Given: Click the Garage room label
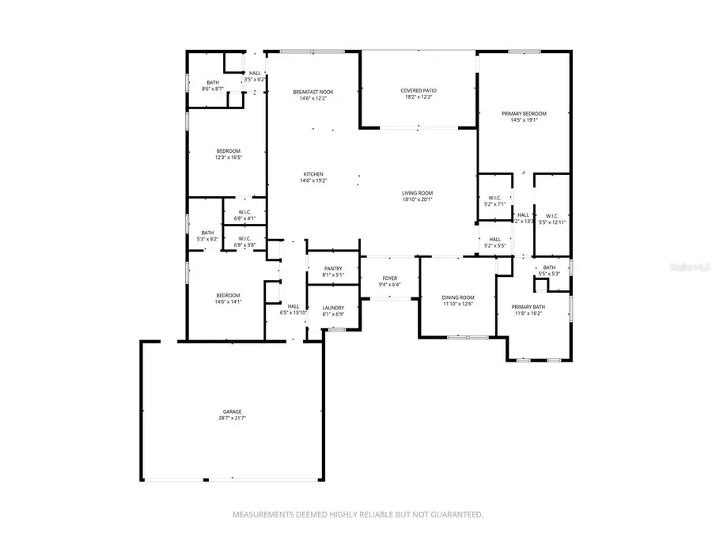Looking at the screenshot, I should click(x=232, y=411).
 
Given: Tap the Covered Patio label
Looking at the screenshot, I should click(x=418, y=90).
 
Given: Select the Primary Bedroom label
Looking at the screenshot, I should click(x=524, y=113).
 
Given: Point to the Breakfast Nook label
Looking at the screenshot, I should click(x=312, y=92).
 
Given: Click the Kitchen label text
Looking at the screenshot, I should click(x=313, y=174).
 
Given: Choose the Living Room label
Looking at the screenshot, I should click(x=417, y=193).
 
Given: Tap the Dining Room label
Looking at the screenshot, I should click(x=457, y=297).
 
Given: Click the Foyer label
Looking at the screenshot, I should click(x=389, y=278).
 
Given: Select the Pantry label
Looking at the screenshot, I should click(x=332, y=269).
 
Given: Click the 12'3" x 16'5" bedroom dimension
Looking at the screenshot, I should click(x=228, y=157).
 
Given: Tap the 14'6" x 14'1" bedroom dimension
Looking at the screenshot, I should click(x=228, y=301).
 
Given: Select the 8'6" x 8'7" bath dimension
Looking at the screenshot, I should click(x=213, y=89).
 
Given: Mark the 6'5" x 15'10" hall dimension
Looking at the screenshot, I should click(x=293, y=312).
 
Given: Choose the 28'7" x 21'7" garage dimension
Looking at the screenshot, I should click(x=232, y=417).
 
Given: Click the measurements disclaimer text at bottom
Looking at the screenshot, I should click(x=357, y=514).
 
